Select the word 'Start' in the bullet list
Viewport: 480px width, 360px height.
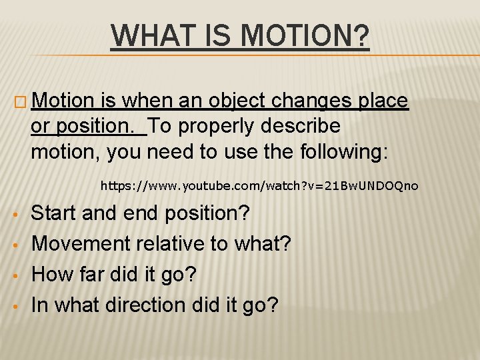pos(55,213)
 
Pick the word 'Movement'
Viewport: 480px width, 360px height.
pos(81,244)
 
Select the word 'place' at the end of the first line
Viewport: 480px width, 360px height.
pos(383,101)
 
